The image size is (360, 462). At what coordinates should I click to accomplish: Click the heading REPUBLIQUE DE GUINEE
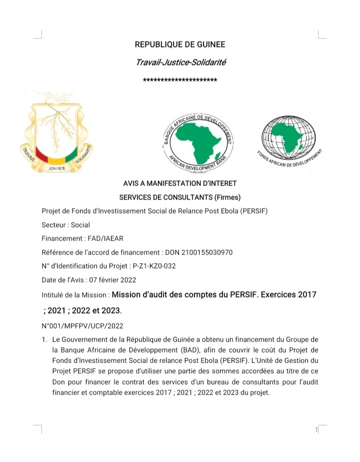click(180, 45)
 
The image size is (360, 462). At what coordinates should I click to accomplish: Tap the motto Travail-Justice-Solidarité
click(180, 62)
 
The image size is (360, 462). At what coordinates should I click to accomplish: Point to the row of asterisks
click(180, 80)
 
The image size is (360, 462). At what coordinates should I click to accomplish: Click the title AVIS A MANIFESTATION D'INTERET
click(180, 183)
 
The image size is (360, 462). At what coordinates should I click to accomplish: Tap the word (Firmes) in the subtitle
click(227, 197)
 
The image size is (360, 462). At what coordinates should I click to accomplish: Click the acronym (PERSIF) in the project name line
click(253, 210)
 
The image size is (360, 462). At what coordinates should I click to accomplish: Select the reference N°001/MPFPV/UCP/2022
click(82, 326)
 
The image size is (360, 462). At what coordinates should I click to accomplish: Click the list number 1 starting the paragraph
click(44, 340)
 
